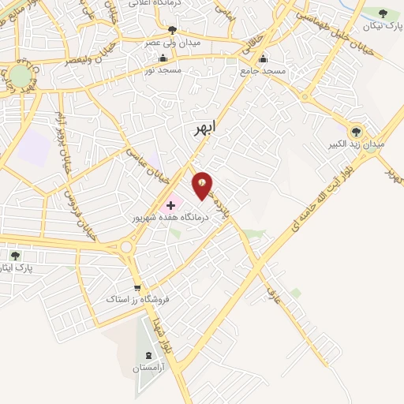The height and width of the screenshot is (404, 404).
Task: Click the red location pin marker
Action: click(203, 185)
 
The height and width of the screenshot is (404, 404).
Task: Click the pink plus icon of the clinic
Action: click(170, 204)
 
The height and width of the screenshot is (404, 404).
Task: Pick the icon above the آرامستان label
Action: click(151, 353)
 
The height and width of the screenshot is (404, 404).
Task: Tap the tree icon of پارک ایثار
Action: click(15, 255)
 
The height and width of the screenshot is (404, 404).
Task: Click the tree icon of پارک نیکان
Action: click(383, 13)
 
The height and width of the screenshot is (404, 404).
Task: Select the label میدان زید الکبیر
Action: click(357, 145)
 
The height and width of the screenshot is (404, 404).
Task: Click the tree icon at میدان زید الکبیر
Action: click(356, 131)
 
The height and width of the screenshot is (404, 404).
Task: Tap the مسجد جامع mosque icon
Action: click(264, 58)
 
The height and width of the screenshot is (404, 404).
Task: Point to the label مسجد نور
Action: click(163, 70)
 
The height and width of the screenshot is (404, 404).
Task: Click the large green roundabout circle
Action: click(20, 77)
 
